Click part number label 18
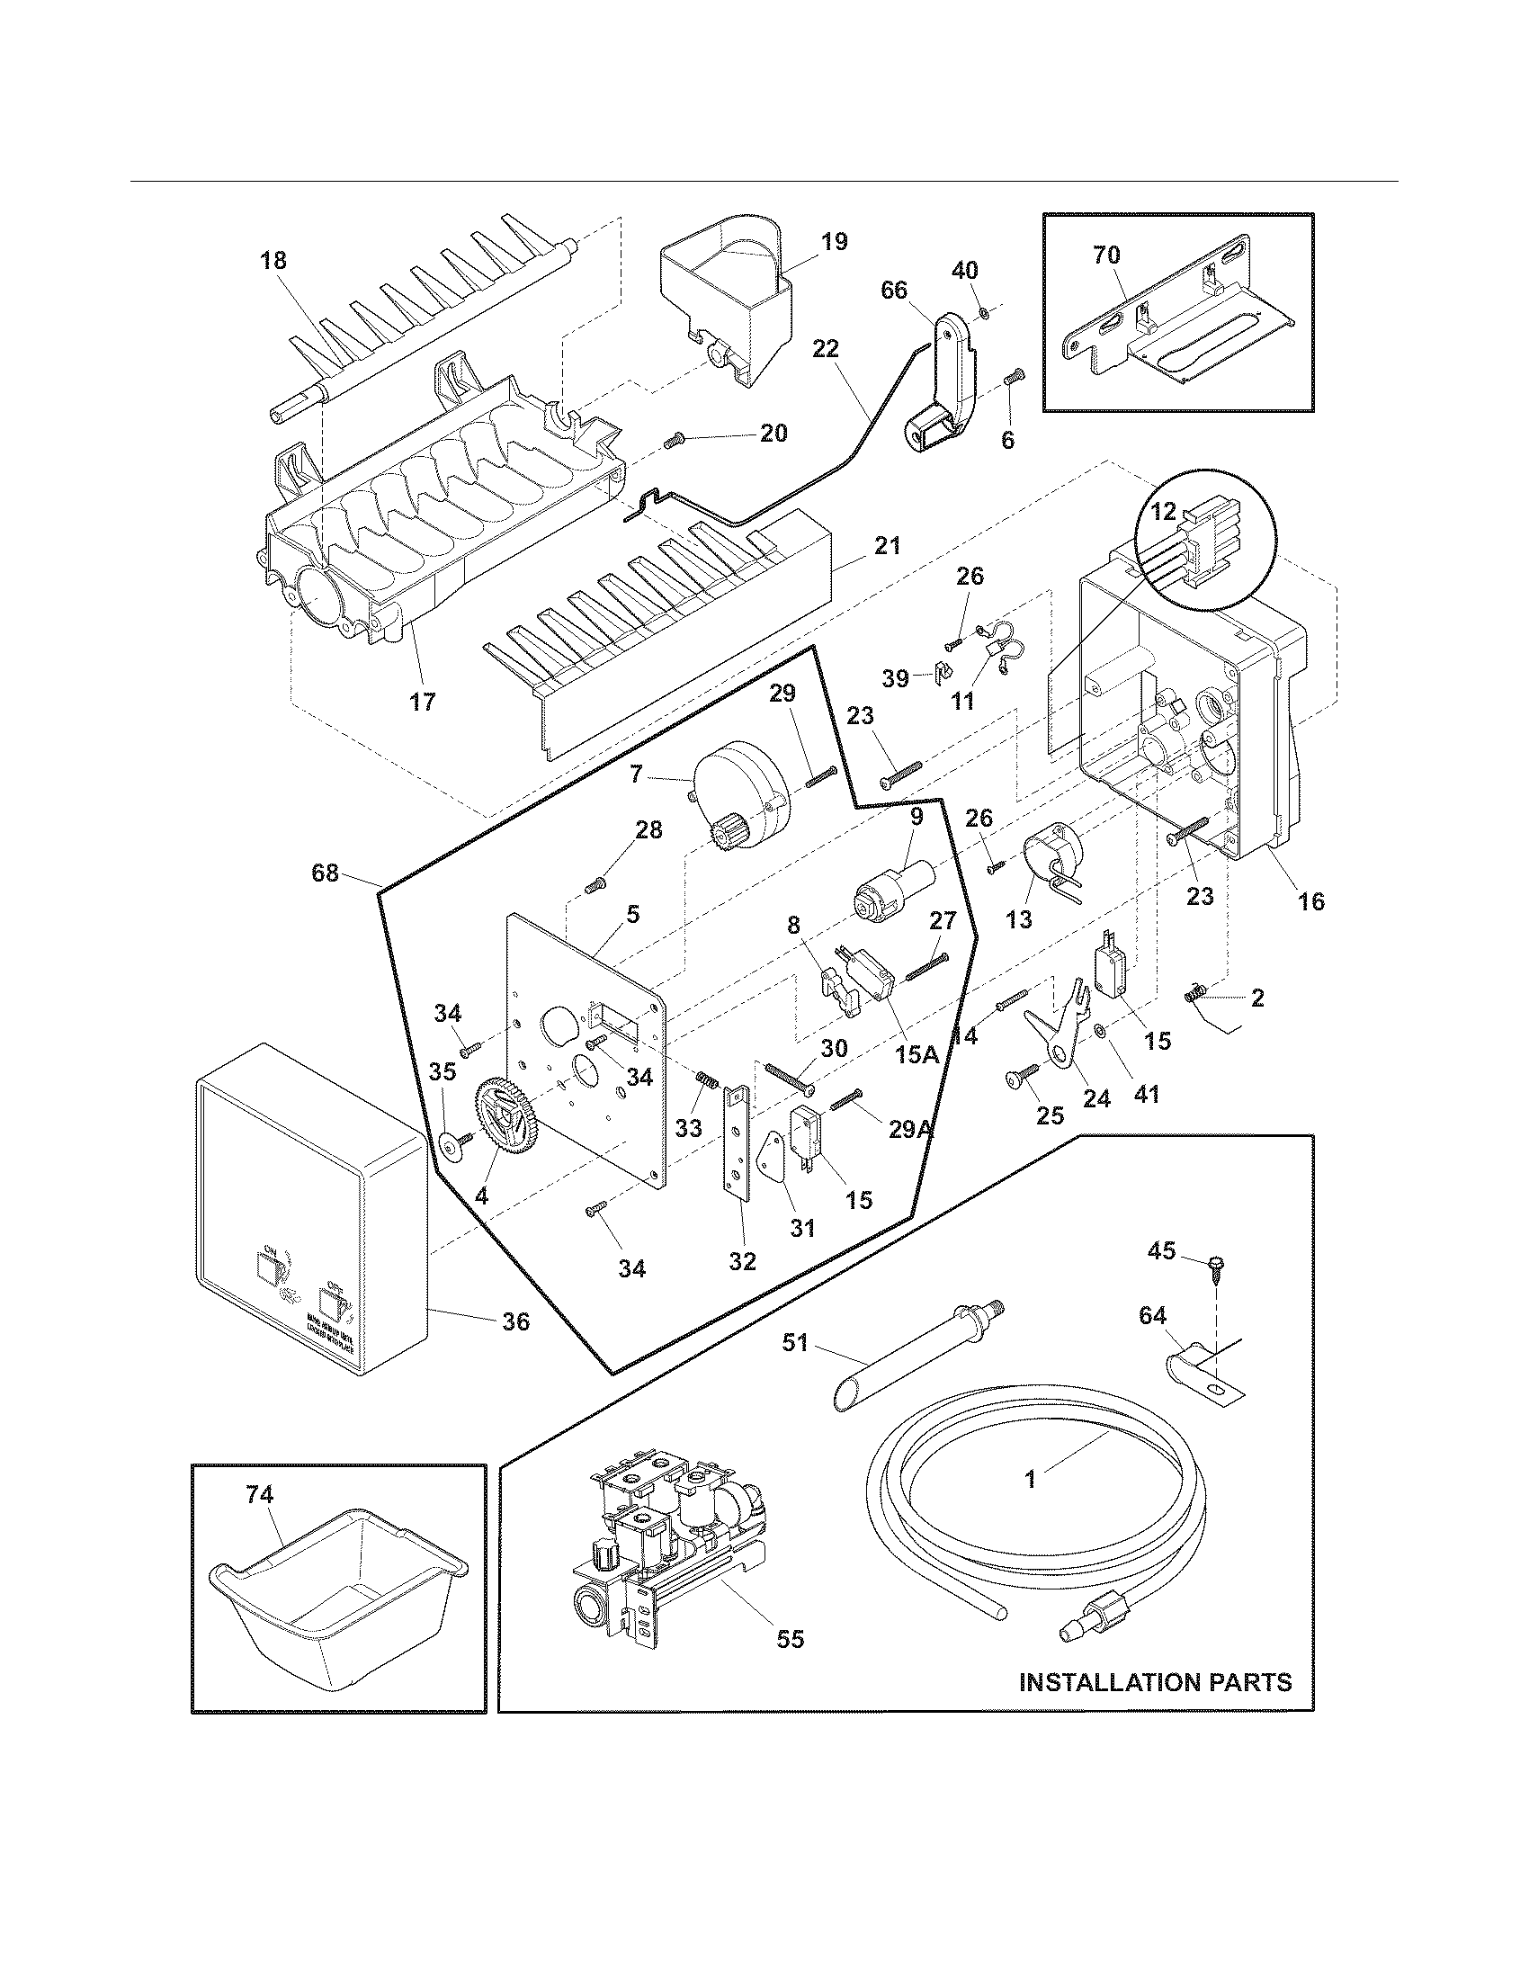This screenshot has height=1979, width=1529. point(273,261)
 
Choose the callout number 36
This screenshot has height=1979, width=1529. point(515,1322)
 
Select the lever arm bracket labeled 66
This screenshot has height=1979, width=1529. point(946,381)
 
